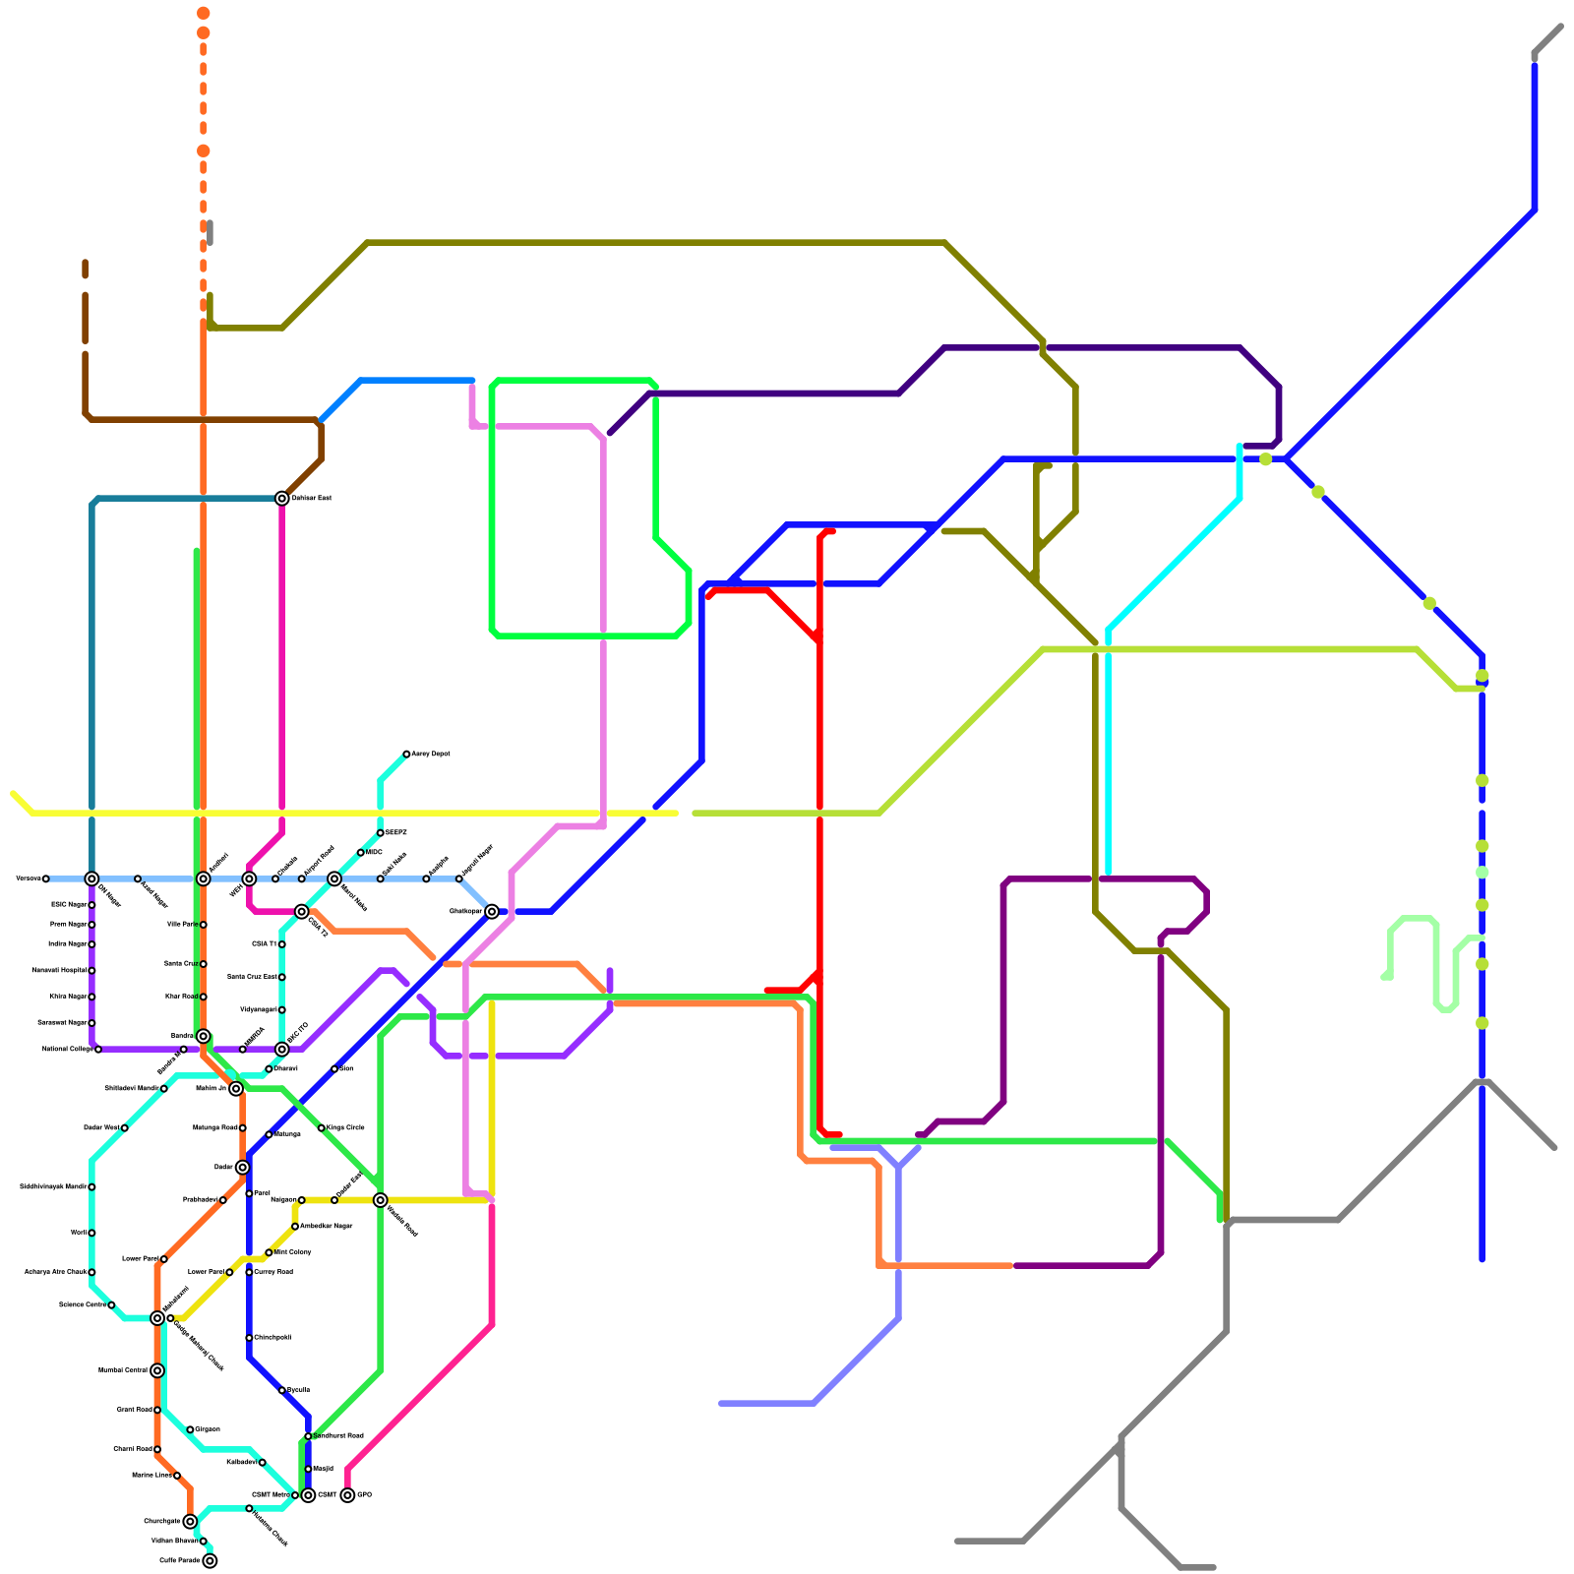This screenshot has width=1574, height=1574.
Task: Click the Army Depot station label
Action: [431, 755]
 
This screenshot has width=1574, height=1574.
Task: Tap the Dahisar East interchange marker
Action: [282, 499]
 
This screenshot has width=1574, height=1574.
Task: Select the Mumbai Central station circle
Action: [157, 1370]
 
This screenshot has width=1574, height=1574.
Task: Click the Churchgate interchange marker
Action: [190, 1521]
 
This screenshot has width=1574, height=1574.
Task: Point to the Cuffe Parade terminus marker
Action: [210, 1560]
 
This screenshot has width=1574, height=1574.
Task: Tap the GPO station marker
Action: [347, 1495]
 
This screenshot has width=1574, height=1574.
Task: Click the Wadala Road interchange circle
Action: [380, 1200]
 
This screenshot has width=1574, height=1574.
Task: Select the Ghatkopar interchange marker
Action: [492, 912]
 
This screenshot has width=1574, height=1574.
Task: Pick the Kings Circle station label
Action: [345, 1127]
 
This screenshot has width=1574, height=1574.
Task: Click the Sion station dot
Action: [334, 1069]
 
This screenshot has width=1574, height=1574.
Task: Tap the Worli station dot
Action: [91, 1233]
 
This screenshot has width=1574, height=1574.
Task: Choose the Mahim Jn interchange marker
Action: [236, 1088]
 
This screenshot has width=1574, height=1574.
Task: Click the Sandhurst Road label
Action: [338, 1436]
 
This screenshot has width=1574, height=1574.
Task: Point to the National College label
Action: [67, 1050]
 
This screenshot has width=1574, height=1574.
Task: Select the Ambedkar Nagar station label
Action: [326, 1226]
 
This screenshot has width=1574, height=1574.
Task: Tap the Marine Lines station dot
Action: [177, 1476]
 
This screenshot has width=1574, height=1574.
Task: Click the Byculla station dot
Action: [282, 1390]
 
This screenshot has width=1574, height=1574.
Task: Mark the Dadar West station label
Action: [101, 1127]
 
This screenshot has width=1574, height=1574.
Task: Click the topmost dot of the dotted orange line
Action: [203, 13]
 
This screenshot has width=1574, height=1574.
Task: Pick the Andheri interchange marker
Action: [203, 878]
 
